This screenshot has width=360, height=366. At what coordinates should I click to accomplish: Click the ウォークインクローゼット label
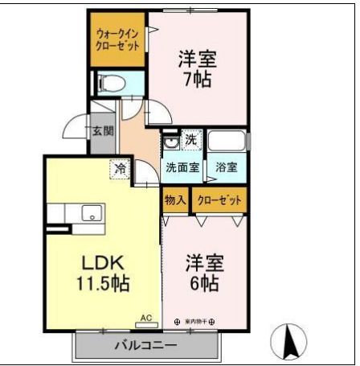117,39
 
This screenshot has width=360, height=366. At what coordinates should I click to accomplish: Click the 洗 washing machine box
190,140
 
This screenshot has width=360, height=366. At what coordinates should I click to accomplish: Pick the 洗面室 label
182,168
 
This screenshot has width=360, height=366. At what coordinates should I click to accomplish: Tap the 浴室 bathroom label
227,168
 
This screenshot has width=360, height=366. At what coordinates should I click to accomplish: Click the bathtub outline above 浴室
227,142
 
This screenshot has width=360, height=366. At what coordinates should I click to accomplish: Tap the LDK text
100,263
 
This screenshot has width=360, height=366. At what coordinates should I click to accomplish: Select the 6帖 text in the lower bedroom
204,284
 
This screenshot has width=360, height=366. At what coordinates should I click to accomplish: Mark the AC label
146,319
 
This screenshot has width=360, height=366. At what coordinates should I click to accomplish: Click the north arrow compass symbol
292,342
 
